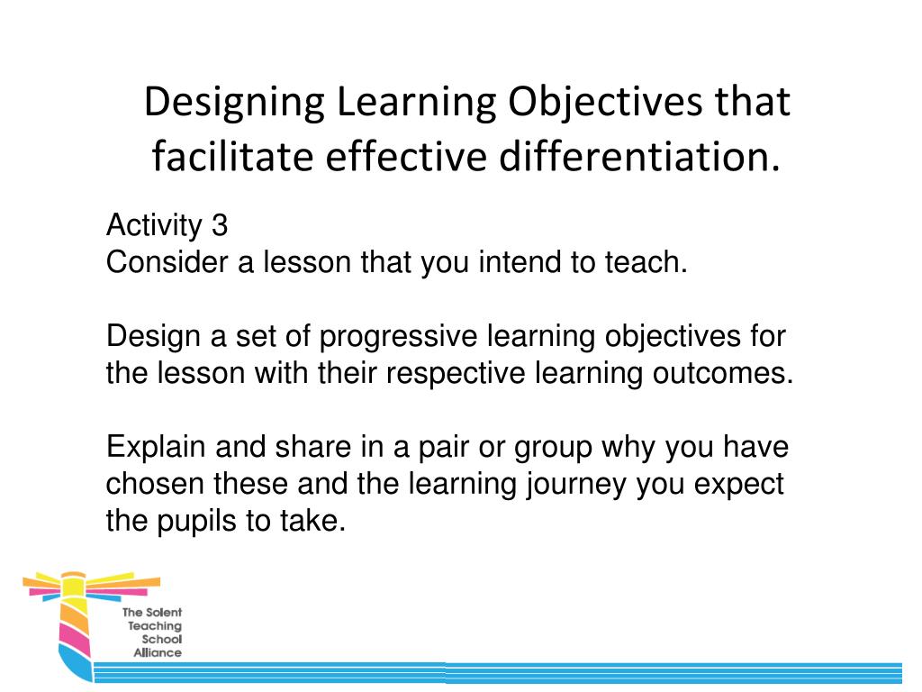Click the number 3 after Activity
(x=220, y=225)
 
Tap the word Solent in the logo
(x=163, y=613)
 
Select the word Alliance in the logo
(x=158, y=652)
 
